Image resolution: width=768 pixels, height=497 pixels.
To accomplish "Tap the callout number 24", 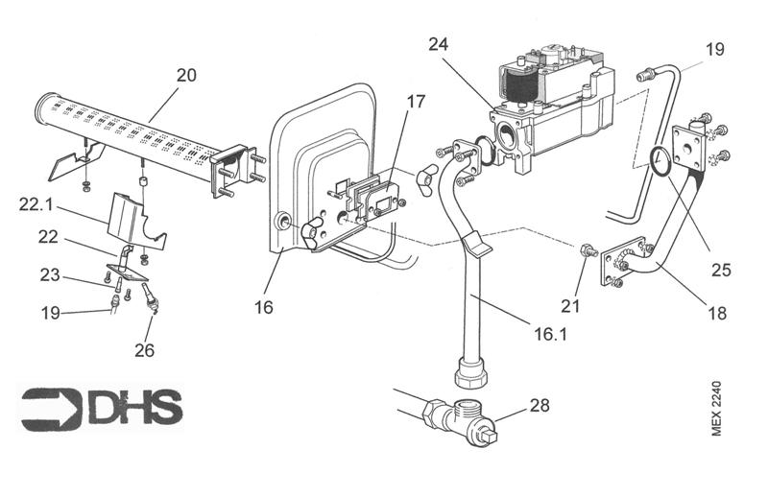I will click(x=439, y=44).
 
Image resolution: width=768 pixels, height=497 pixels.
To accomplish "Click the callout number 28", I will click(x=540, y=406).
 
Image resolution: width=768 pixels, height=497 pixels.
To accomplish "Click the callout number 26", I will click(x=145, y=350).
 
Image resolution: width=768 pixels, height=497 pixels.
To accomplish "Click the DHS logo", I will click(x=101, y=408).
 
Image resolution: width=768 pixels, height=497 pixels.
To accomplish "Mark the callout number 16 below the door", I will click(x=264, y=308).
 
